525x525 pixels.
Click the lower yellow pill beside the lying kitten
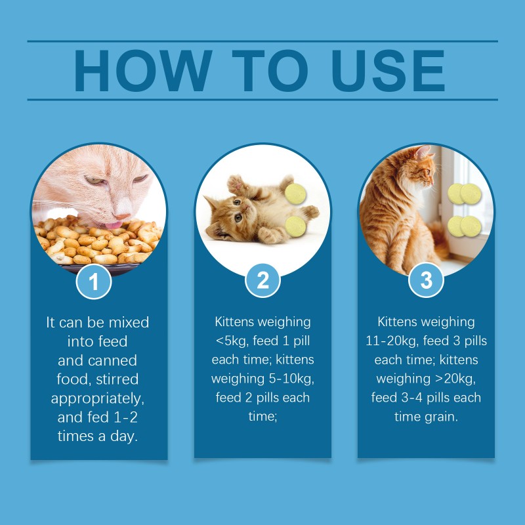(x=296, y=227)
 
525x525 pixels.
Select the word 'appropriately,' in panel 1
(x=98, y=398)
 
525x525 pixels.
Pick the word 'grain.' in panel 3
(x=438, y=417)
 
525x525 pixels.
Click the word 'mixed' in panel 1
(x=129, y=322)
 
